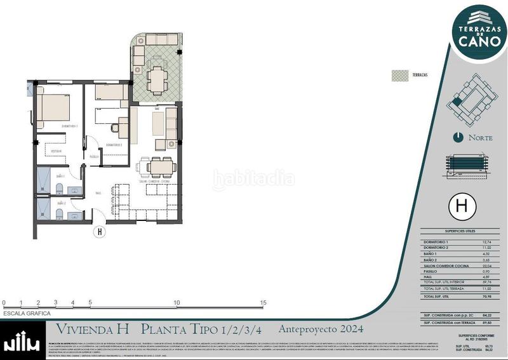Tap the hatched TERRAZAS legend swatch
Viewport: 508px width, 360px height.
pos(400,75)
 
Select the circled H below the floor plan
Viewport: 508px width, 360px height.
pos(99,232)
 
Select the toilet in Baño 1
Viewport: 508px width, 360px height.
pos(58,188)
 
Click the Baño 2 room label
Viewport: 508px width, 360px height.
pos(61,204)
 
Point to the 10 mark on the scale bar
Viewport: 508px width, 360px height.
pos(176,303)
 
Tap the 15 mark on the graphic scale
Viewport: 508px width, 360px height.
pos(263,303)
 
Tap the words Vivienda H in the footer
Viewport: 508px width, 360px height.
pos(93,329)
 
